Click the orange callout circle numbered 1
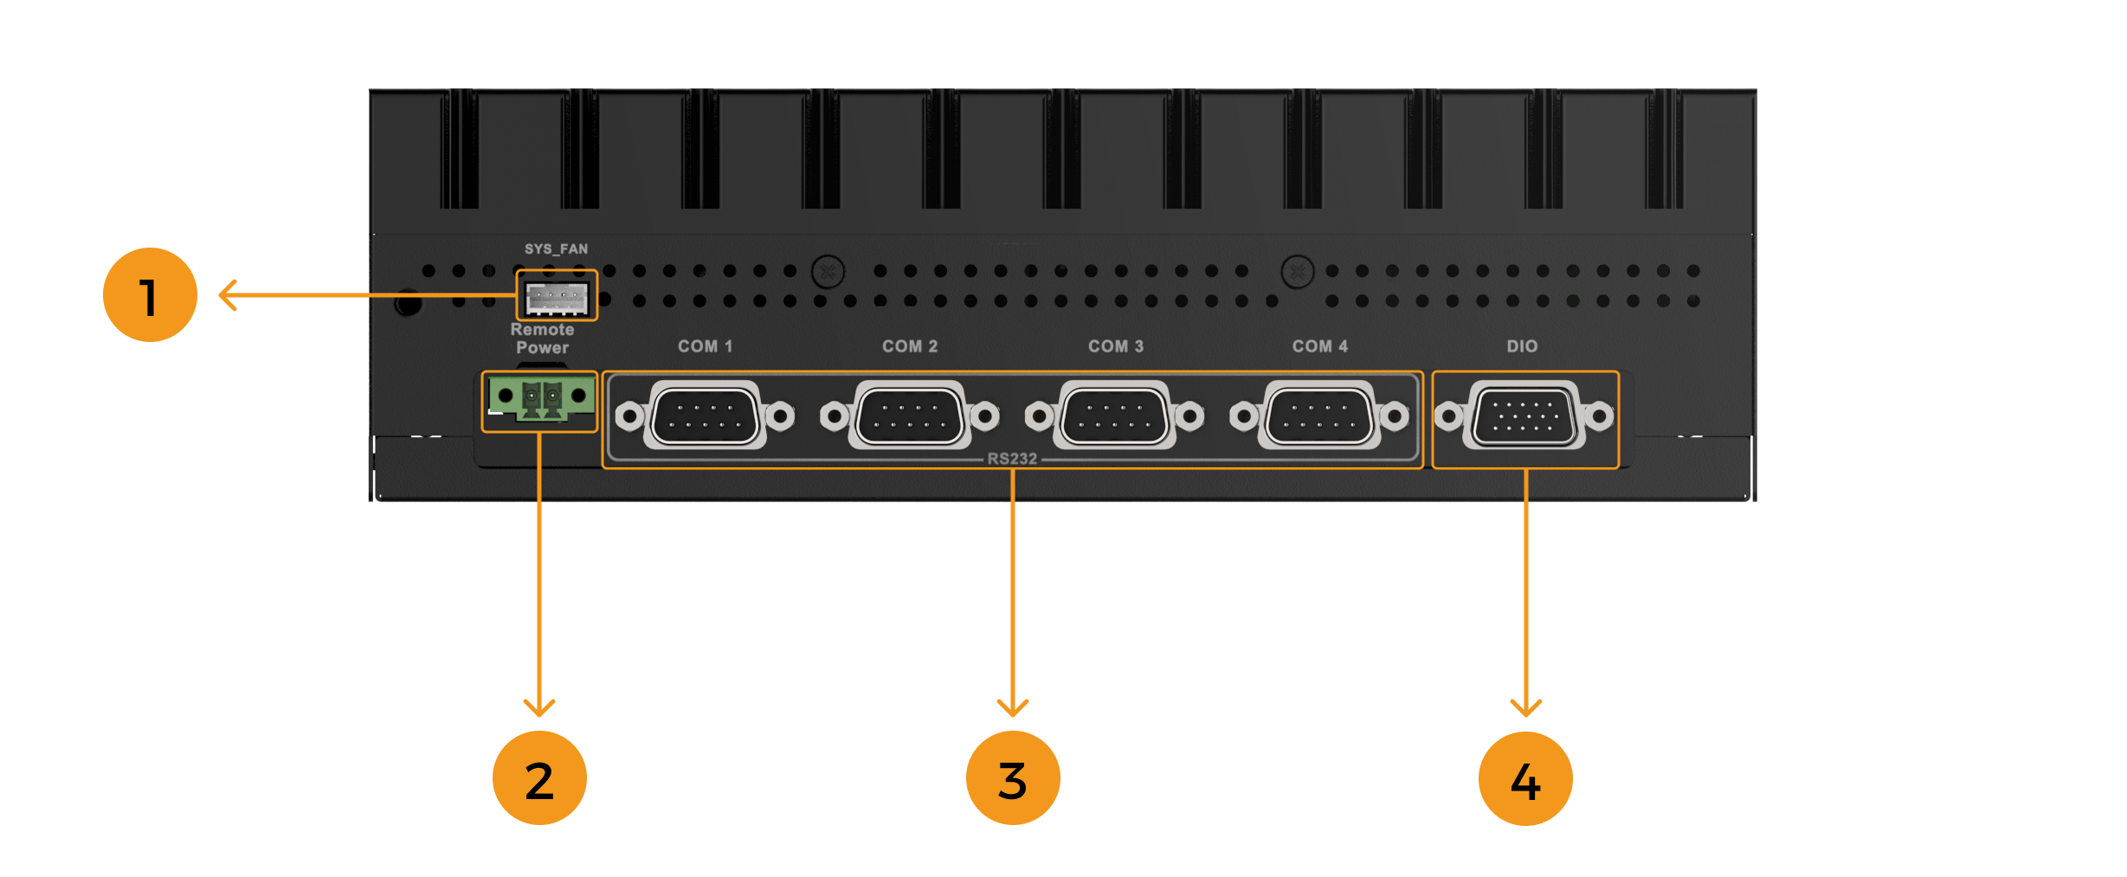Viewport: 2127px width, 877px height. pyautogui.click(x=150, y=295)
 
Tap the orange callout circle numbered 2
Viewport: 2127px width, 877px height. pyautogui.click(x=539, y=777)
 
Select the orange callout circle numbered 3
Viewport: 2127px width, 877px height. pyautogui.click(x=1012, y=777)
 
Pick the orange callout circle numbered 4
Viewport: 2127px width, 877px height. pyautogui.click(x=1525, y=778)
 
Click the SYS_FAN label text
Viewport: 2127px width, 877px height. pyautogui.click(x=556, y=249)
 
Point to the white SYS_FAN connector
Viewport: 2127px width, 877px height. pyautogui.click(x=557, y=299)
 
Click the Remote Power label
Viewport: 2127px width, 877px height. pyautogui.click(x=542, y=339)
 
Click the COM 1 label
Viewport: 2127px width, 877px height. pyautogui.click(x=705, y=346)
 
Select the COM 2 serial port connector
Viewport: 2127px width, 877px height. pyautogui.click(x=909, y=416)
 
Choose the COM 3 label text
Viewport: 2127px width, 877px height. pyautogui.click(x=1115, y=346)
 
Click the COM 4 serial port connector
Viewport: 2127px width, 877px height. pyautogui.click(x=1319, y=416)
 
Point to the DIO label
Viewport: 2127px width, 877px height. pyautogui.click(x=1522, y=346)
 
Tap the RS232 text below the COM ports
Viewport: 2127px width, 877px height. pyautogui.click(x=1012, y=459)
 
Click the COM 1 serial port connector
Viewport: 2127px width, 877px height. pyautogui.click(x=705, y=416)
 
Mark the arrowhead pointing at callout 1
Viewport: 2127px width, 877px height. pyautogui.click(x=226, y=295)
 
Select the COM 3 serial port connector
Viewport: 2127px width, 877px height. pyautogui.click(x=1115, y=416)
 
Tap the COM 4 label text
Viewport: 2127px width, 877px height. pyautogui.click(x=1319, y=346)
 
